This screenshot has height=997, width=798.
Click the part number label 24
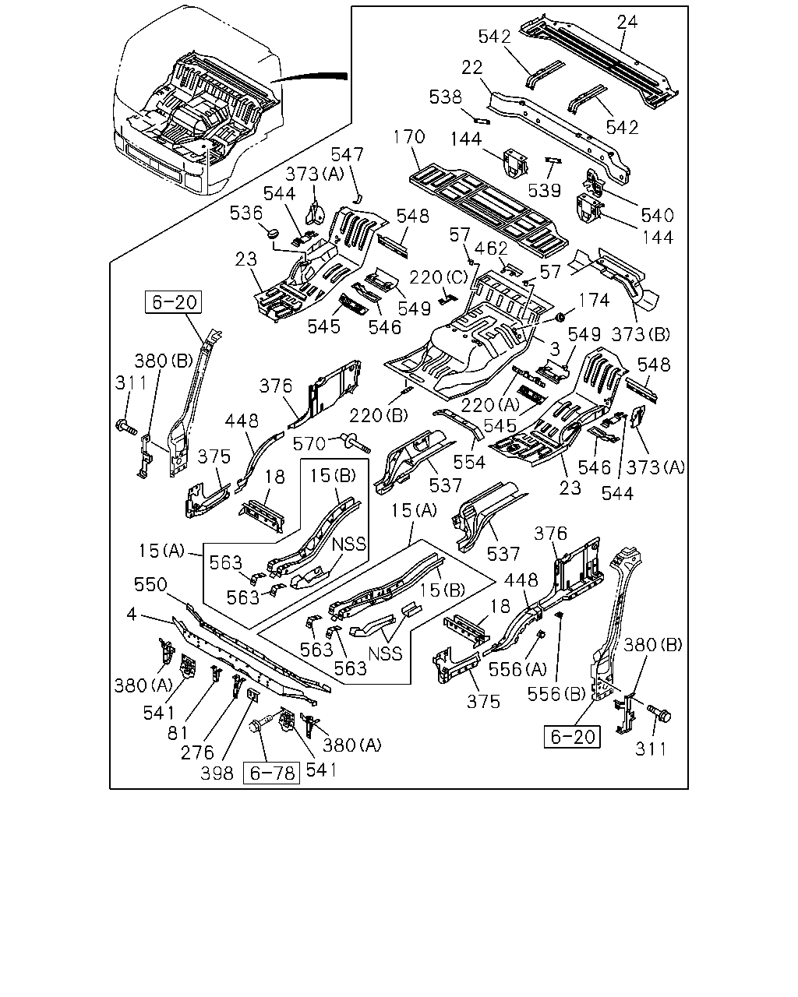[x=627, y=21]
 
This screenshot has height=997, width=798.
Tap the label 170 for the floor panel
[x=409, y=136]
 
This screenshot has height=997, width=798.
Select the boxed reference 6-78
[x=272, y=773]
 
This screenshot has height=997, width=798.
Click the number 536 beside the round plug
[x=246, y=213]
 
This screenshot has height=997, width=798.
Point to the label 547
[x=347, y=155]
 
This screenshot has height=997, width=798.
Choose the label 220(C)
[x=439, y=277]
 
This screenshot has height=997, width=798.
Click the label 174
[x=594, y=301]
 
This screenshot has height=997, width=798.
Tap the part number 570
[x=309, y=444]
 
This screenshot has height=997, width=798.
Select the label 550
[x=150, y=585]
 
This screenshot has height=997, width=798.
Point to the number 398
[x=217, y=773]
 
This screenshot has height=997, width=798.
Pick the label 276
[x=197, y=753]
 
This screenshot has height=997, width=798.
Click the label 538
[x=446, y=97]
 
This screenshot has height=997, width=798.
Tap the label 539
[x=545, y=190]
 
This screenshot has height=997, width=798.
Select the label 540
[x=658, y=216]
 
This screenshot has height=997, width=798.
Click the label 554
[x=469, y=462]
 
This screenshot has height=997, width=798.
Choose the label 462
[x=492, y=248]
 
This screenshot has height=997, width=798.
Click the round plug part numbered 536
[x=273, y=231]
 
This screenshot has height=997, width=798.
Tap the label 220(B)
[x=379, y=416]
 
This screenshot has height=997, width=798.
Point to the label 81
[x=178, y=732]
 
